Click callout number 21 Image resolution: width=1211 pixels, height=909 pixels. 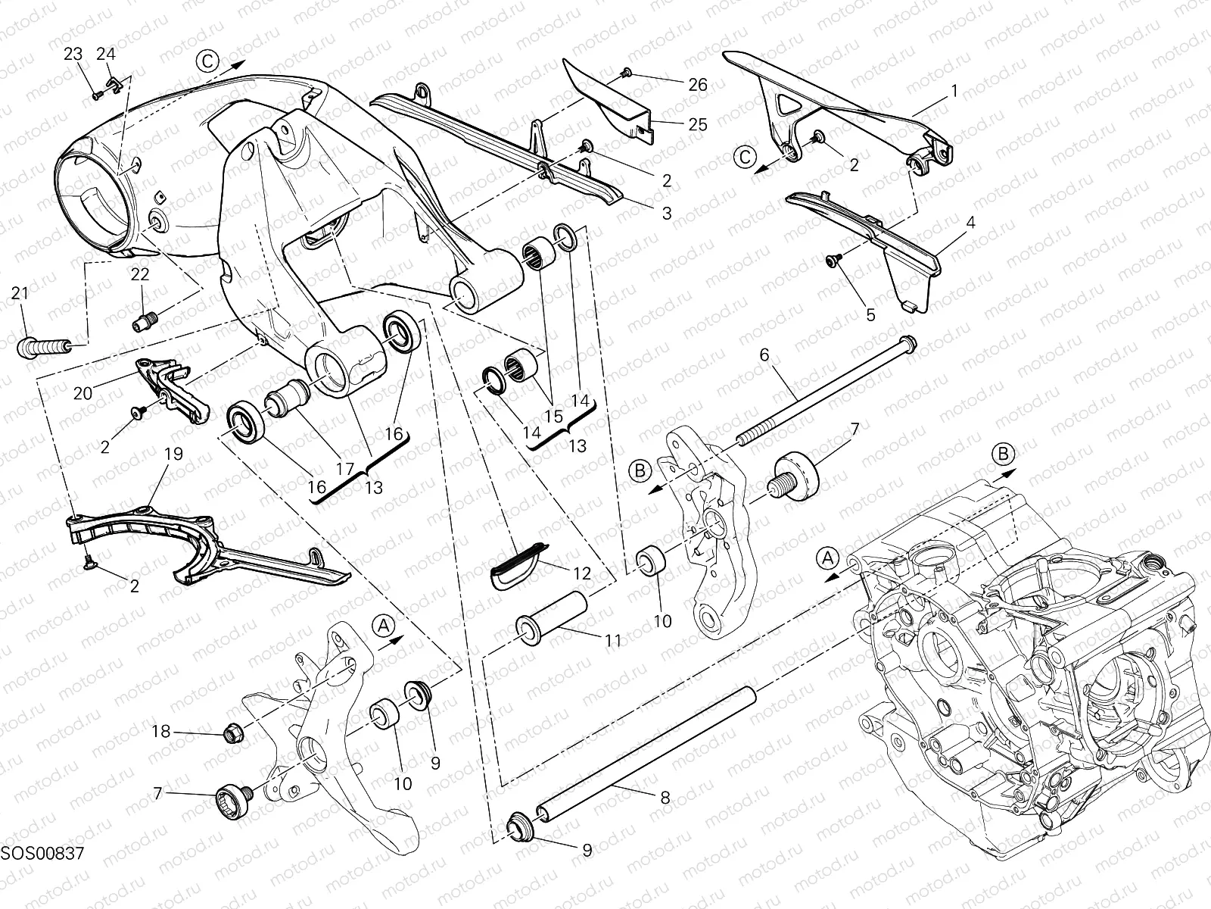pos(20,292)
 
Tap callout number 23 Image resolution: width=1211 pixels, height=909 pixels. pos(73,54)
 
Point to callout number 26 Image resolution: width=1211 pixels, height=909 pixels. pos(698,85)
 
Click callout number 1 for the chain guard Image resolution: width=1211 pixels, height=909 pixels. pos(954,91)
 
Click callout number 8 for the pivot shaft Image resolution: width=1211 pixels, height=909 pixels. pos(665,797)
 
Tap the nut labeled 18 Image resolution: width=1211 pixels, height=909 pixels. pos(233,732)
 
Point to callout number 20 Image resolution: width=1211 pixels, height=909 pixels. pos(82,392)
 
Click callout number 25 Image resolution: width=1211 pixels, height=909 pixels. pos(697,124)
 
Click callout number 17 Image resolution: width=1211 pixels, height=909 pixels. pos(346,469)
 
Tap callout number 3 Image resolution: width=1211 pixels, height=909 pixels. pos(666,214)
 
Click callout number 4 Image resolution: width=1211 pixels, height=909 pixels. pos(971,223)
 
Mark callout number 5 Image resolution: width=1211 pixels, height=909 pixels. pos(870,314)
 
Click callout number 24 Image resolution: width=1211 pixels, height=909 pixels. pos(106,54)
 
